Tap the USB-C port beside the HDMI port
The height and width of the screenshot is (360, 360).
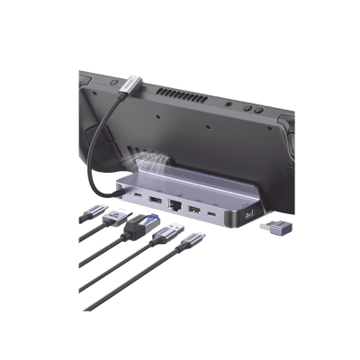136,193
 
